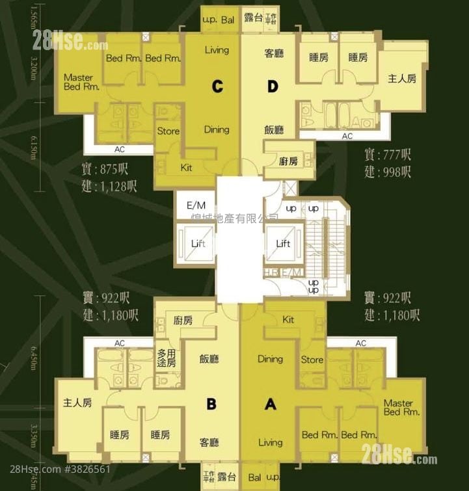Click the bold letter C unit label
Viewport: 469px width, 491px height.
pyautogui.click(x=217, y=85)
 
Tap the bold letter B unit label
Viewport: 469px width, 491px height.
pyautogui.click(x=211, y=404)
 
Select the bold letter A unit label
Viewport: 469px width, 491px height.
pyautogui.click(x=270, y=404)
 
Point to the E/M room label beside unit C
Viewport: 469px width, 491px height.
pyautogui.click(x=196, y=206)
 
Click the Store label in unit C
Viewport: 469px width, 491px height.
pyautogui.click(x=168, y=131)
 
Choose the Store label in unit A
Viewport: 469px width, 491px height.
pyautogui.click(x=312, y=360)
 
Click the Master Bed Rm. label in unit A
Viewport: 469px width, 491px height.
pyautogui.click(x=398, y=408)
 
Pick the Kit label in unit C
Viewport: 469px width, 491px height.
pyautogui.click(x=186, y=168)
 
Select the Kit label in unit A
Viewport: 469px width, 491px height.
pyautogui.click(x=288, y=319)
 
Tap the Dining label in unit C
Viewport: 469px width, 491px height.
pyautogui.click(x=217, y=129)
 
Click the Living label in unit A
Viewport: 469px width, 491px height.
pyautogui.click(x=270, y=443)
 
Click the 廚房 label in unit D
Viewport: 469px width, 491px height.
pyautogui.click(x=289, y=161)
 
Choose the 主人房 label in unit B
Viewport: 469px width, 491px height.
pyautogui.click(x=77, y=403)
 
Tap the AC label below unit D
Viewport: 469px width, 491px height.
pyautogui.click(x=347, y=137)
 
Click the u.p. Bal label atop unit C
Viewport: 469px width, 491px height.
pyautogui.click(x=219, y=20)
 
